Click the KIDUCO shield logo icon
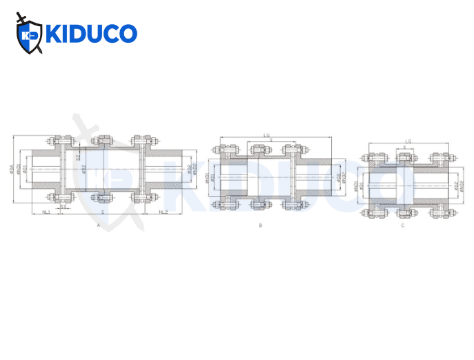click(x=29, y=34)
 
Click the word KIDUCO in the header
click(x=90, y=34)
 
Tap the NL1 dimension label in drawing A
click(x=46, y=212)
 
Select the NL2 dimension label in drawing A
click(x=164, y=212)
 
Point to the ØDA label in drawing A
click(x=12, y=168)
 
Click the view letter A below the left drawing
click(x=99, y=225)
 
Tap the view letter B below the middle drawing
click(x=260, y=226)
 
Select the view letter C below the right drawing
click(x=402, y=226)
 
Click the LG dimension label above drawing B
click(x=266, y=136)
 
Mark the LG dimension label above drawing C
click(x=408, y=141)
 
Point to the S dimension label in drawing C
click(x=404, y=148)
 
